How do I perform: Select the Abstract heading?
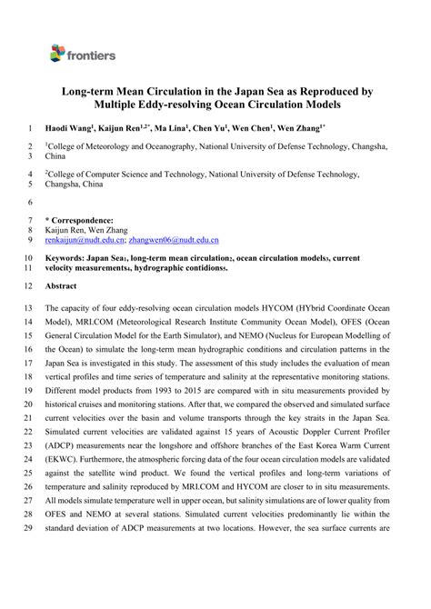pos(61,285)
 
